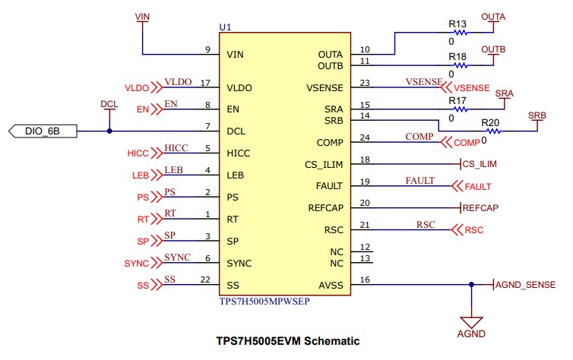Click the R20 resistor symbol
pyautogui.click(x=489, y=131)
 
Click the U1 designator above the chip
pyautogui.click(x=225, y=27)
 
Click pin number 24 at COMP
pyautogui.click(x=365, y=137)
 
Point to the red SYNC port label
pyautogui.click(x=137, y=264)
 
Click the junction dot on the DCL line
pyautogui.click(x=109, y=131)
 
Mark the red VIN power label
pyautogui.click(x=141, y=16)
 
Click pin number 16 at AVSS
pyautogui.click(x=365, y=280)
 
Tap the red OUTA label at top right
pyautogui.click(x=493, y=16)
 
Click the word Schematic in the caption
pyautogui.click(x=332, y=341)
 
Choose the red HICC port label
pyautogui.click(x=138, y=153)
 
